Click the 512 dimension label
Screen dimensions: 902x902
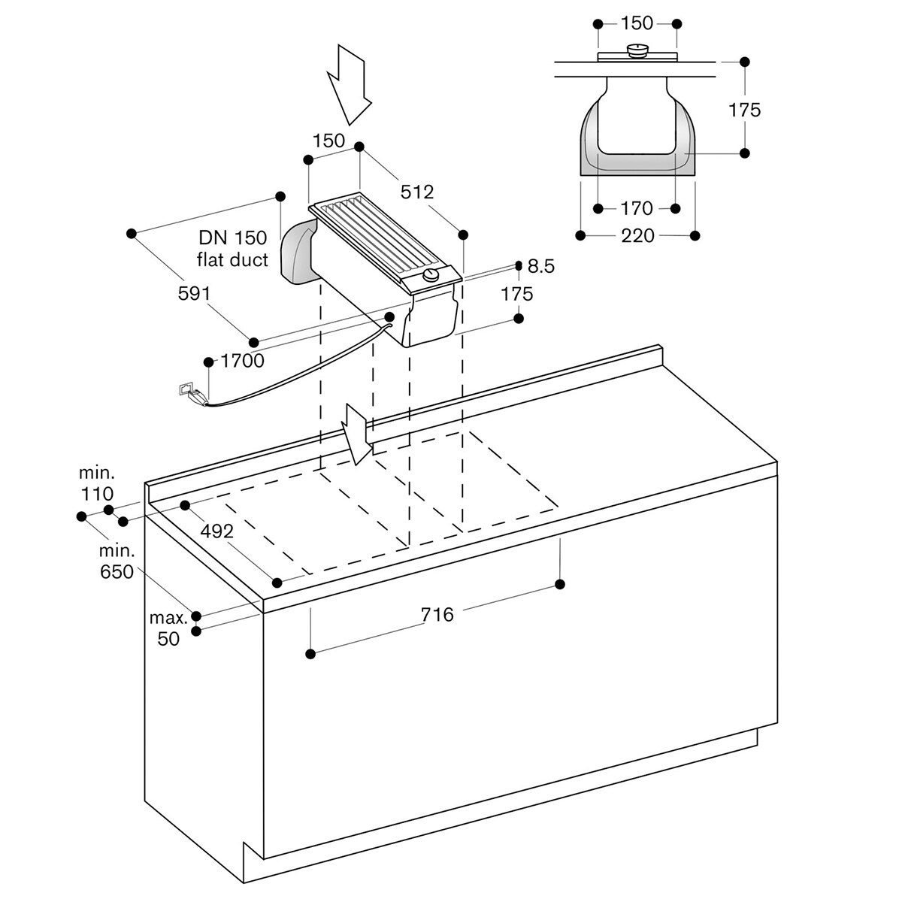tap(417, 192)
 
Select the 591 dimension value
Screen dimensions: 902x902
tap(194, 293)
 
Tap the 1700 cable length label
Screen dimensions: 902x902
tap(243, 361)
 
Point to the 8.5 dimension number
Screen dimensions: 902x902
tap(541, 266)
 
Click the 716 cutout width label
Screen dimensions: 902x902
tap(437, 615)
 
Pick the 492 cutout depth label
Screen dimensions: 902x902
tap(216, 531)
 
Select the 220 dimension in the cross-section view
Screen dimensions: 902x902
tap(637, 236)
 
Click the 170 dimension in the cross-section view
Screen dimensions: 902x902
tap(637, 208)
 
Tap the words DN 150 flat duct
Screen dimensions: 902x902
tap(232, 249)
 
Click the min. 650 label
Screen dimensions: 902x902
tap(117, 561)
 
